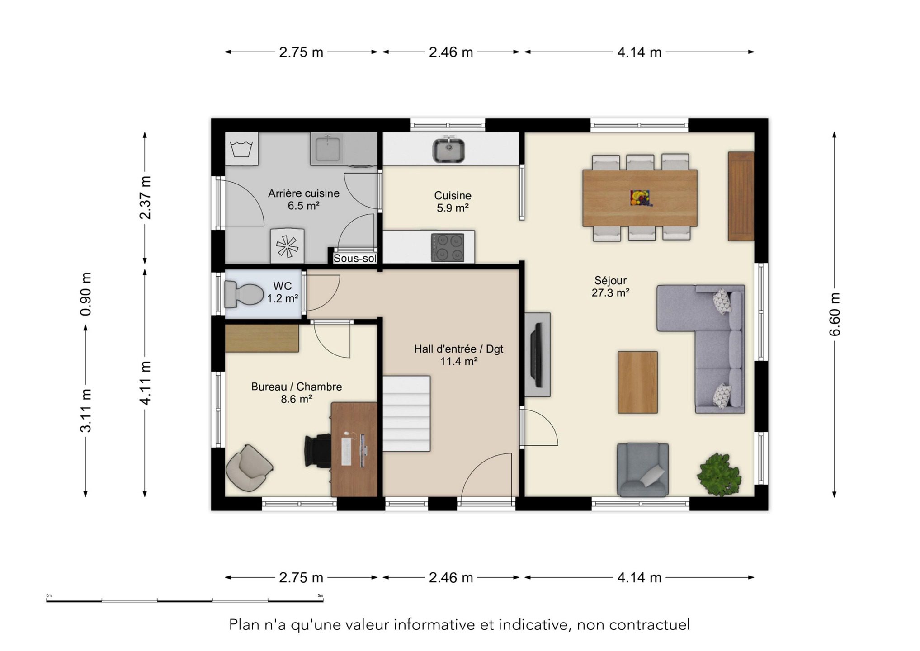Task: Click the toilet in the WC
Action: pyautogui.click(x=244, y=294)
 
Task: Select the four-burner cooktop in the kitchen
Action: pyautogui.click(x=448, y=247)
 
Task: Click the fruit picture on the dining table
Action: pyautogui.click(x=640, y=198)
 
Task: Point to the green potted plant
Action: pyautogui.click(x=720, y=475)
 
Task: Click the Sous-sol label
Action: pyautogui.click(x=355, y=259)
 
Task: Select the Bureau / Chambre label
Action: pyautogui.click(x=297, y=387)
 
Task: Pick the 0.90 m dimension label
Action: pyautogui.click(x=85, y=294)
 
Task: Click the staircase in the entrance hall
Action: pyautogui.click(x=406, y=413)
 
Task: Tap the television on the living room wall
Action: pyautogui.click(x=538, y=355)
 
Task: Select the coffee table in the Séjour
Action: pyautogui.click(x=637, y=382)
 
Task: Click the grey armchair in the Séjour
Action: pyautogui.click(x=642, y=470)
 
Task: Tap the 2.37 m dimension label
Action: pyautogui.click(x=145, y=198)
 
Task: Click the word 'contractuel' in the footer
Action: pyautogui.click(x=649, y=625)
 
